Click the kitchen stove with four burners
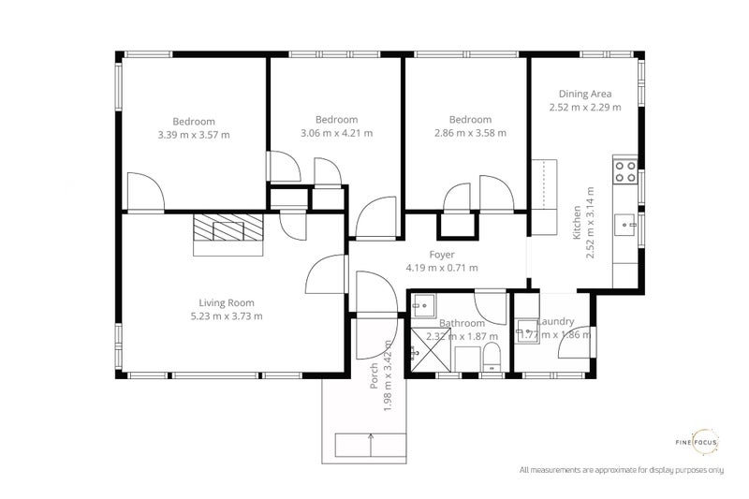[624, 171]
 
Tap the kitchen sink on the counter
[625, 225]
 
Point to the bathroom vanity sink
[423, 305]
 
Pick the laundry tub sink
[527, 331]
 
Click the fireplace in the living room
[229, 234]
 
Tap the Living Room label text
[227, 302]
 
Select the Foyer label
[442, 255]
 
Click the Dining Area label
[585, 94]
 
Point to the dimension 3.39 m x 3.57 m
[194, 135]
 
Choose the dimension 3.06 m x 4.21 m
[336, 133]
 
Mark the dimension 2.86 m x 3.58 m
[470, 133]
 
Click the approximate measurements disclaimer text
[622, 468]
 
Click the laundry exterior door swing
[573, 341]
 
